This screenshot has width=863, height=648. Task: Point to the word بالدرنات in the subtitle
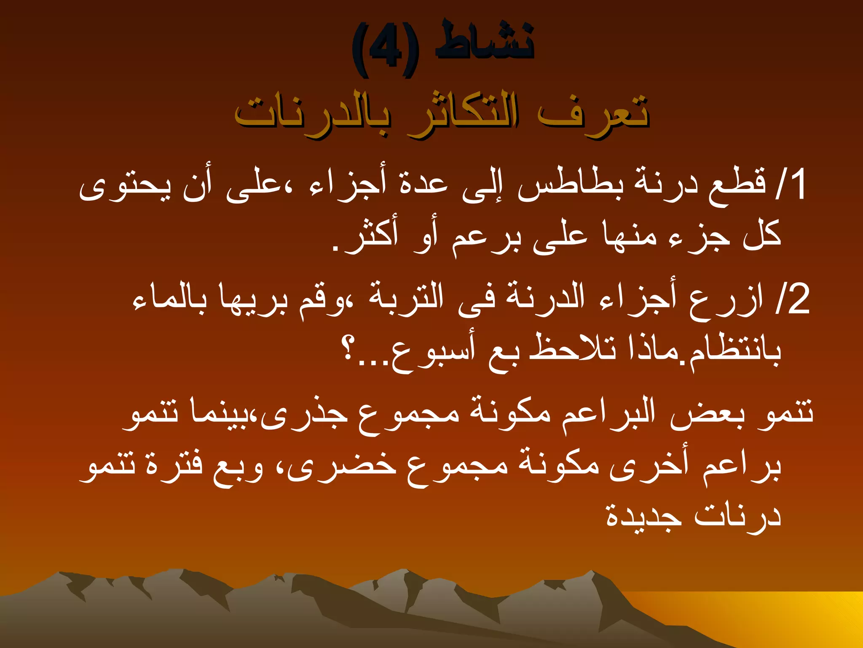312,114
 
